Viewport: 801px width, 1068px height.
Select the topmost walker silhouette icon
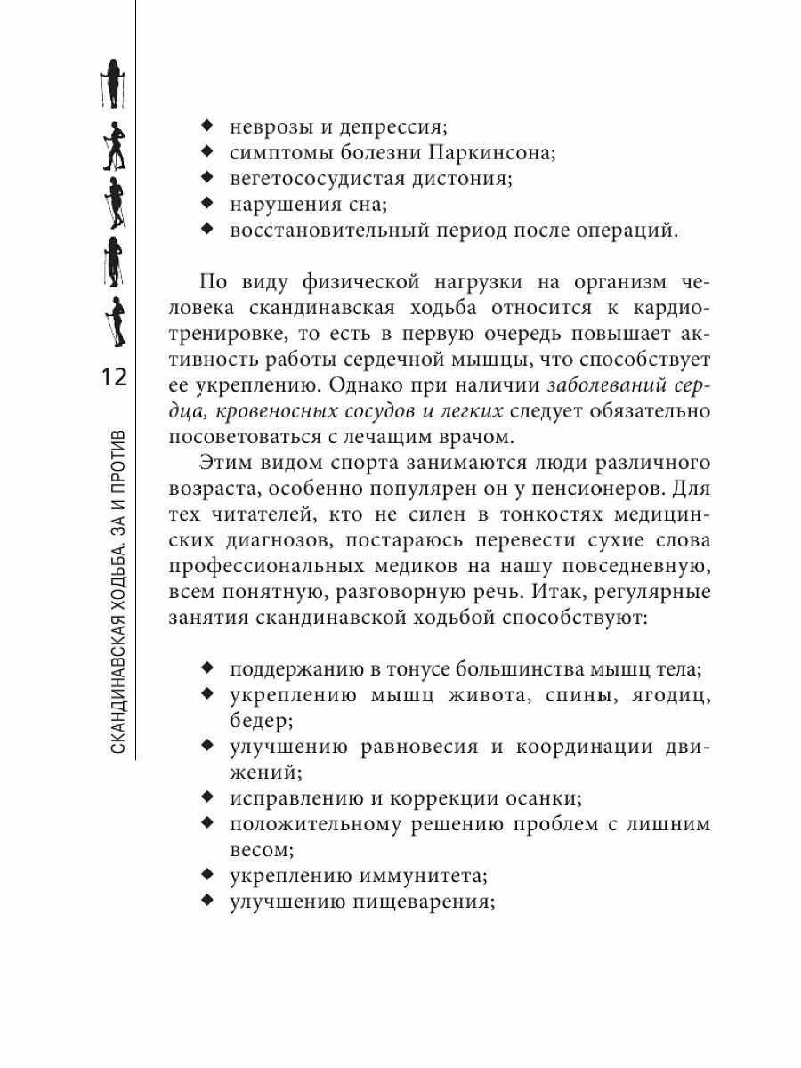(x=114, y=84)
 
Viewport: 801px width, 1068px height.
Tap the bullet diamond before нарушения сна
(x=207, y=203)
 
